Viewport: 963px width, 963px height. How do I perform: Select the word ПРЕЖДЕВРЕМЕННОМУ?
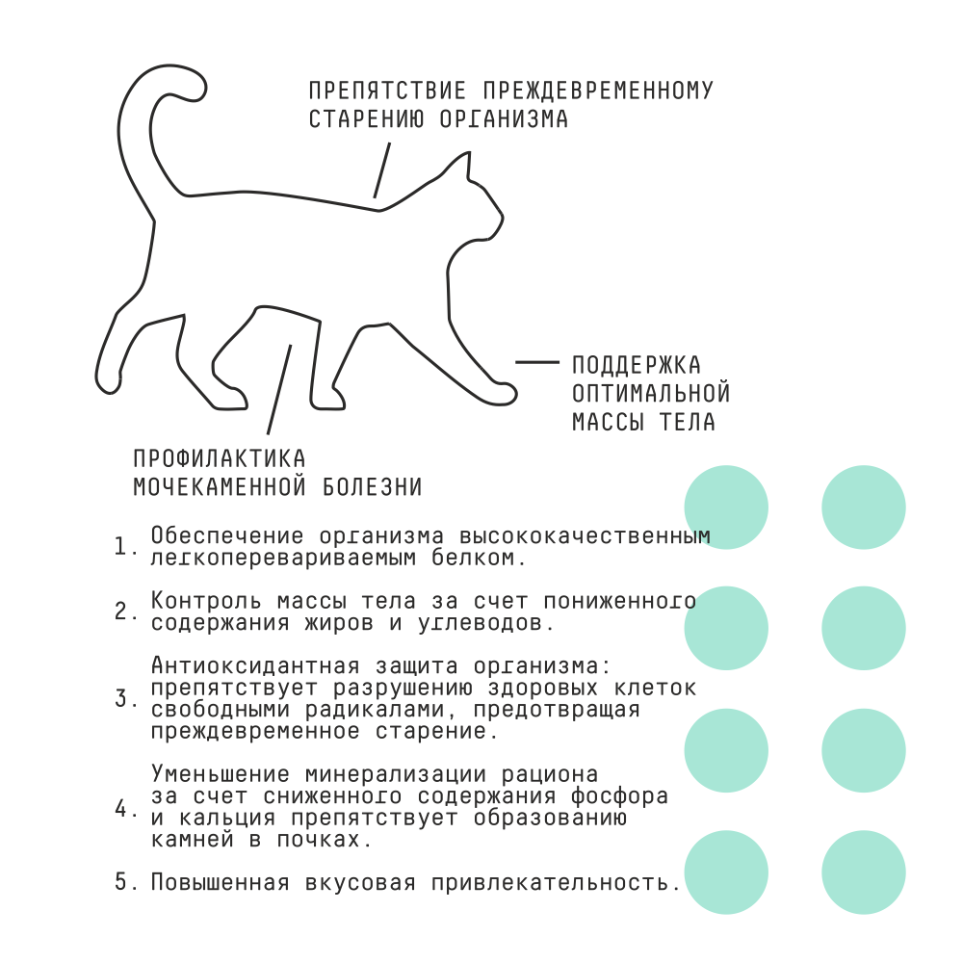[597, 91]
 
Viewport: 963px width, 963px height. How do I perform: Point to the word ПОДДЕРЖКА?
[637, 365]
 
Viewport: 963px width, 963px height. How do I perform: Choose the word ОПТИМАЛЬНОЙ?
[651, 393]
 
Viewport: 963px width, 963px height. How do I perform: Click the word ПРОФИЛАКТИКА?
[220, 458]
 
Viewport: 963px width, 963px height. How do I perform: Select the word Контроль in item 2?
[199, 601]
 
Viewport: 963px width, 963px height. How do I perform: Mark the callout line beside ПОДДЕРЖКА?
[536, 363]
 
